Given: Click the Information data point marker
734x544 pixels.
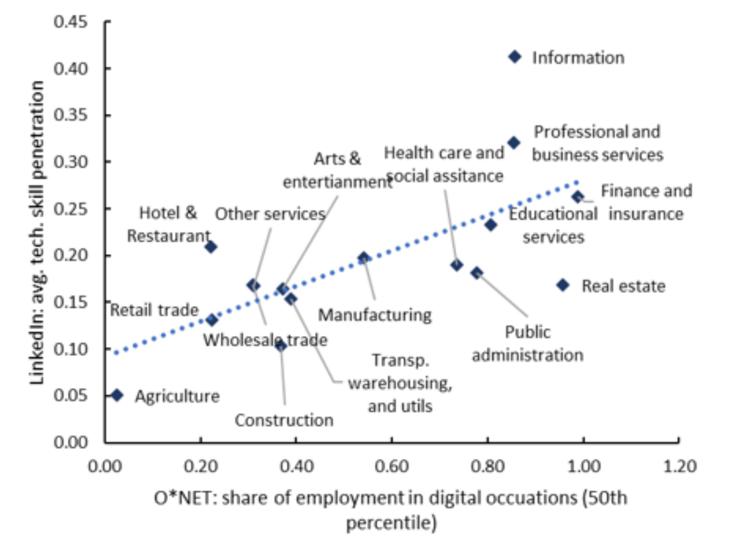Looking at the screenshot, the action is (515, 57).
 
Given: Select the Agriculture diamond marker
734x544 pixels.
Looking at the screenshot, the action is (117, 395).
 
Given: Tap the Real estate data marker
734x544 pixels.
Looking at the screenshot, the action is (563, 285).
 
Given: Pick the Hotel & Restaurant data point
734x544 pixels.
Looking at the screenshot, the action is (211, 247).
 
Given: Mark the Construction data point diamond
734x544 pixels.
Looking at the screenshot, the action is (280, 346).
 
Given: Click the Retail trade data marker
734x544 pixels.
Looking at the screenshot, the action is (212, 320).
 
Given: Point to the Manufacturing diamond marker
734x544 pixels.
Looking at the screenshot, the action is (364, 257).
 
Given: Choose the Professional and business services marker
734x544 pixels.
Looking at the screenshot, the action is (513, 143).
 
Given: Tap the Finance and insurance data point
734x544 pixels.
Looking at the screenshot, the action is (578, 197).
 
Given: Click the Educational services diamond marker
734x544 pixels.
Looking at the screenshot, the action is (491, 225).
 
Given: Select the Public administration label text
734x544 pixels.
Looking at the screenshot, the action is (528, 343).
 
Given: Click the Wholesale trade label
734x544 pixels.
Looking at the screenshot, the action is (265, 340).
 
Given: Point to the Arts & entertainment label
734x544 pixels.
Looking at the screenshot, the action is (338, 170).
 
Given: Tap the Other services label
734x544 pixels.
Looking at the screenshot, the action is (270, 214).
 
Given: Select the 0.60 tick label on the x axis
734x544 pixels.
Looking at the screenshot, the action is (392, 467).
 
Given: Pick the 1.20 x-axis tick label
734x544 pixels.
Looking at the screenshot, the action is (680, 467).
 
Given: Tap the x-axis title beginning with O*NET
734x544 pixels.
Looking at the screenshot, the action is (391, 511).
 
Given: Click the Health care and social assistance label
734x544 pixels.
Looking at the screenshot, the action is (444, 165).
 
